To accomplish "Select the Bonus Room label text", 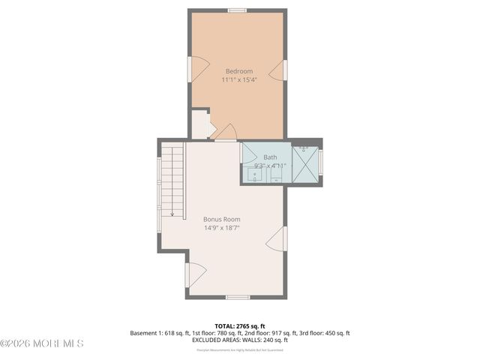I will coord(221,219).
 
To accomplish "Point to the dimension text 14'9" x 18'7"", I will coord(221,228).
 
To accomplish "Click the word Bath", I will coord(270,157).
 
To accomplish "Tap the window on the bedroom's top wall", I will coord(238,10).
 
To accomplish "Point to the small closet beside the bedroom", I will coord(199,124).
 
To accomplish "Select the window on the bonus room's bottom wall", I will coord(238,297).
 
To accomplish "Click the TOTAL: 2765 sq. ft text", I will coord(239,326).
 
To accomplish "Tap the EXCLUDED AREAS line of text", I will coord(239,340).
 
